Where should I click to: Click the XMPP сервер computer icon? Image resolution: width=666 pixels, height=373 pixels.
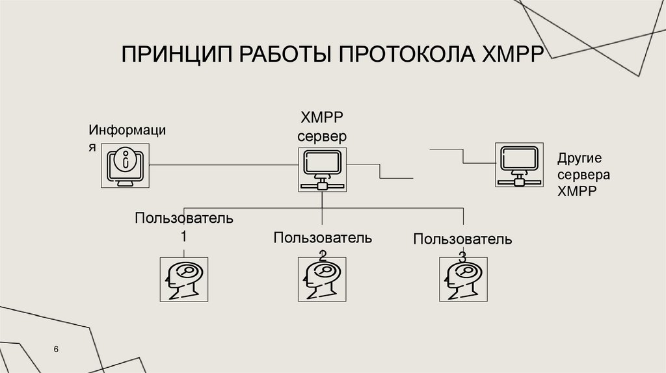322,168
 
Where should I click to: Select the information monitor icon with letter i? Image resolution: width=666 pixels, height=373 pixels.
126,166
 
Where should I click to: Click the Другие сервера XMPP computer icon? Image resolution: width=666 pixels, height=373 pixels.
518,166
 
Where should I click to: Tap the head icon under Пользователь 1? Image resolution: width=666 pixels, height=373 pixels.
183,279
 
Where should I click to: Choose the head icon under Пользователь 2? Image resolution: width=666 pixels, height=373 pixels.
322,279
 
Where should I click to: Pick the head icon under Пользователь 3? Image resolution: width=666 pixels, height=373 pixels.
462,279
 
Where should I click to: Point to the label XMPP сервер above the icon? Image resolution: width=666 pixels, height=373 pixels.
321,126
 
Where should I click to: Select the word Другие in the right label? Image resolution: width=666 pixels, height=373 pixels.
579,159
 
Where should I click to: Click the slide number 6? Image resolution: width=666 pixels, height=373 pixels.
57,350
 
